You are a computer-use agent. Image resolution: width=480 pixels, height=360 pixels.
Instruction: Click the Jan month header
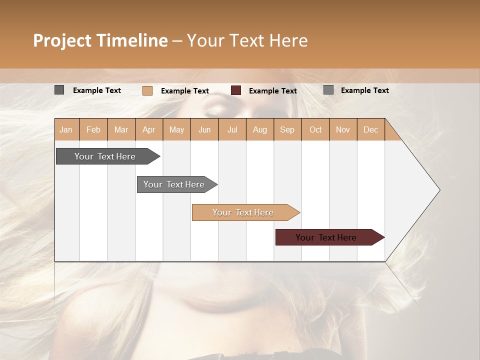66,129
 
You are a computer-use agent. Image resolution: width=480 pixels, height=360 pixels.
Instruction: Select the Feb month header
93,129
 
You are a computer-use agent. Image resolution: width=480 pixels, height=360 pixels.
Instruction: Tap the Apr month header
148,129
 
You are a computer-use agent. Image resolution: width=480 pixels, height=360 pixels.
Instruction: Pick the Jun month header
204,129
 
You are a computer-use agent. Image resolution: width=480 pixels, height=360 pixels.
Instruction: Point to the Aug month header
259,129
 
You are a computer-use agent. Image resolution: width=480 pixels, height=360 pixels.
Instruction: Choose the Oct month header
315,129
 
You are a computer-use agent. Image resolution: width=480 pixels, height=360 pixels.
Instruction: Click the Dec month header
370,129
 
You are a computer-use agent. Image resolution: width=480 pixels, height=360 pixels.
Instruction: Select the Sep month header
287,129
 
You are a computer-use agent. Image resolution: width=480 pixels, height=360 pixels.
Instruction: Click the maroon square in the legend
236,90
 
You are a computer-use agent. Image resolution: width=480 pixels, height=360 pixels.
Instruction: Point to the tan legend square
147,90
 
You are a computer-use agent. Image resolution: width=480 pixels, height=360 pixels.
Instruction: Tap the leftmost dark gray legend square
59,90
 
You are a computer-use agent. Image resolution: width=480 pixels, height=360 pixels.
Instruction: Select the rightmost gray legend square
328,90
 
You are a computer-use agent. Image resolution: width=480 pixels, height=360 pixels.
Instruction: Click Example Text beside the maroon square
272,91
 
